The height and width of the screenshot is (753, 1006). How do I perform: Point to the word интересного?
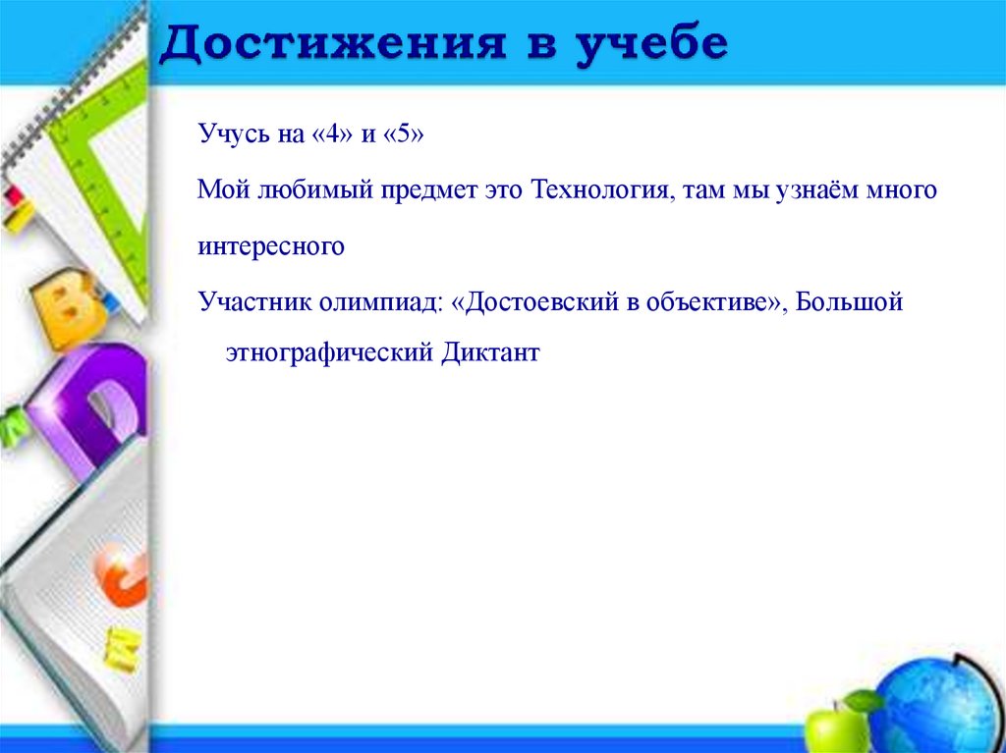(271, 246)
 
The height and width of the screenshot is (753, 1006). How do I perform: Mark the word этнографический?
(328, 352)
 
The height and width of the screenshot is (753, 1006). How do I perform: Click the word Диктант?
(490, 352)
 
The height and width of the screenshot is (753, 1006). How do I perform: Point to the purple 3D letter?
(88, 403)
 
